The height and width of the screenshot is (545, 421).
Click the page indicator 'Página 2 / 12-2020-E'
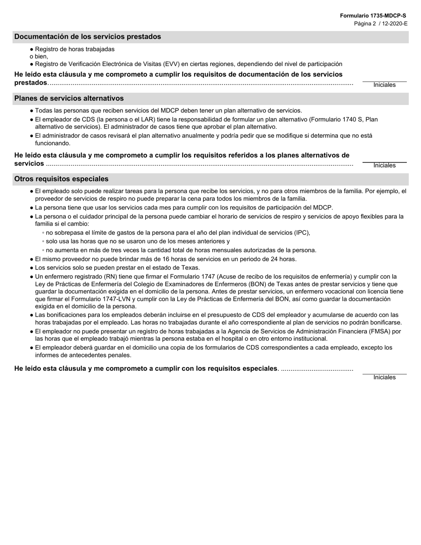click(380, 23)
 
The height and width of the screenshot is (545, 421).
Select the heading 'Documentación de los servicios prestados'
click(88, 37)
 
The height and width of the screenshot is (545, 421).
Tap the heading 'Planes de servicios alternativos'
click(69, 98)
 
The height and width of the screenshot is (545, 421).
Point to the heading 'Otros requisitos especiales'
click(61, 179)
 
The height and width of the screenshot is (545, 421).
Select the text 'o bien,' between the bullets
click(39, 57)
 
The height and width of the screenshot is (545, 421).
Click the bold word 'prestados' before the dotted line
click(31, 83)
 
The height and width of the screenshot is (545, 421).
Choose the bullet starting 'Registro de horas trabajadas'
click(74, 49)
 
